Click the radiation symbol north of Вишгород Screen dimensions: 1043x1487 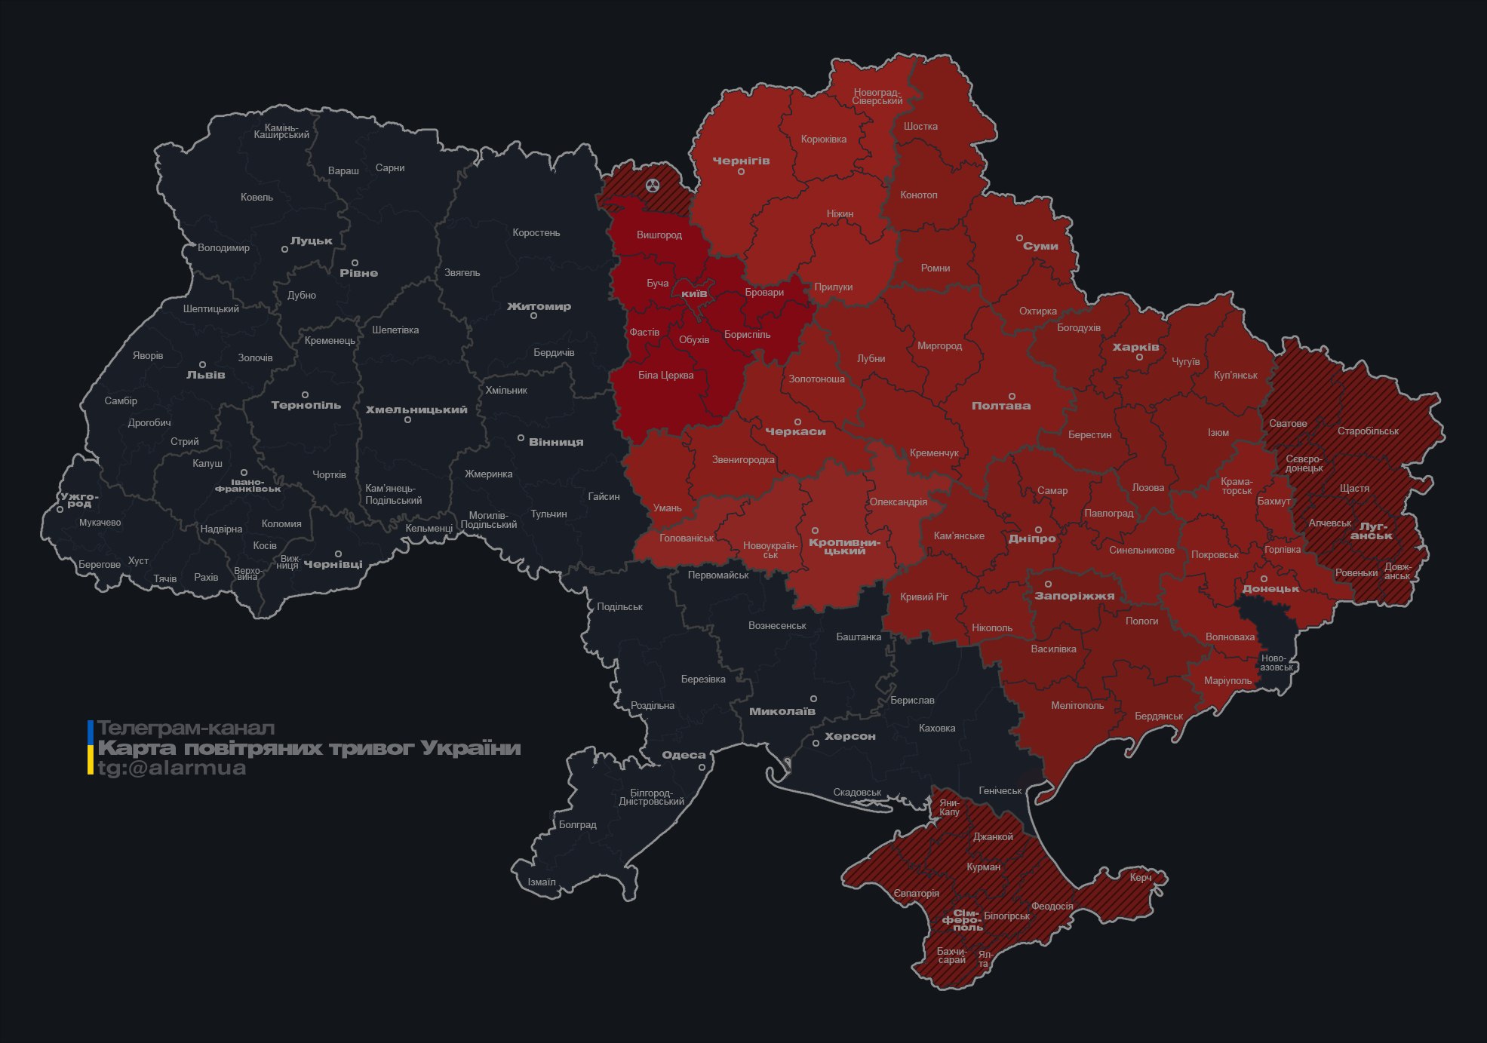point(653,185)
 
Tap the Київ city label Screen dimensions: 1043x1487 point(694,293)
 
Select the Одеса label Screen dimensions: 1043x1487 point(684,755)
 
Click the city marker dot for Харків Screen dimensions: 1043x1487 point(1139,357)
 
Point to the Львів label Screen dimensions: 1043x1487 point(205,375)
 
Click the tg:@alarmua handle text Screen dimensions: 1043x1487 point(171,768)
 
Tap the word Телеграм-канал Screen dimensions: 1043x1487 point(186,729)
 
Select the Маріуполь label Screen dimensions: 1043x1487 point(1227,681)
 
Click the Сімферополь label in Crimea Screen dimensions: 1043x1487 point(962,920)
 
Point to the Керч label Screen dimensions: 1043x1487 point(1140,878)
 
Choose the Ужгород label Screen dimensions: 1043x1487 point(79,500)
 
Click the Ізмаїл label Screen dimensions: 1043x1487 point(541,882)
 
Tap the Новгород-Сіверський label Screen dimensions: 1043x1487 point(877,97)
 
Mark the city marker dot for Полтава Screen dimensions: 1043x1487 point(1012,396)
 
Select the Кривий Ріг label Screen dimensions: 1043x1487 point(923,597)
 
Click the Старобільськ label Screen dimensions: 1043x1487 point(1367,431)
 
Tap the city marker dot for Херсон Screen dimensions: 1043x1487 point(816,744)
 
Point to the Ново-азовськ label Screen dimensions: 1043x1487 point(1276,663)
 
